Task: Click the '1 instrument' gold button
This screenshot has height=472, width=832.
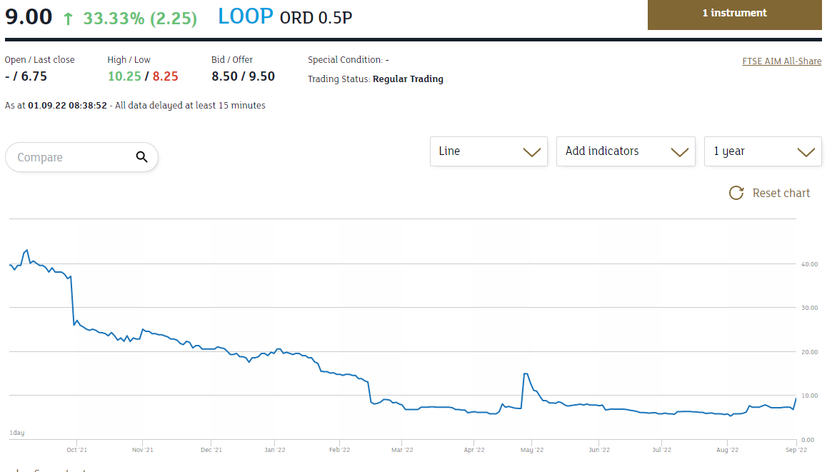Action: point(734,14)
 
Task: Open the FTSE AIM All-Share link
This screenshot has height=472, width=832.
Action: point(782,61)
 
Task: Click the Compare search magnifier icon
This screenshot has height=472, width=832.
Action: point(141,157)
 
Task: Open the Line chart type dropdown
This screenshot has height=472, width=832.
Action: point(488,151)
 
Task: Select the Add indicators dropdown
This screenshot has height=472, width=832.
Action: point(626,151)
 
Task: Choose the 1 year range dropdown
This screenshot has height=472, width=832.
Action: point(763,151)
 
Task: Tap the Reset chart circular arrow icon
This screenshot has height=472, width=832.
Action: point(736,193)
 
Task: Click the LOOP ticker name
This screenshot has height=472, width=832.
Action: point(246,16)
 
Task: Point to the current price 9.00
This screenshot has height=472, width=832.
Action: point(29,16)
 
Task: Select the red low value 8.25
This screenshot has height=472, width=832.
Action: point(165,76)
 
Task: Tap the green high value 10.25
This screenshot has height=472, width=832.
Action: point(124,76)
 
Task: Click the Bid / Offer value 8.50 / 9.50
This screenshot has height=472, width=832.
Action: point(243,76)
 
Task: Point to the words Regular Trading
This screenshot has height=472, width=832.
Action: point(408,79)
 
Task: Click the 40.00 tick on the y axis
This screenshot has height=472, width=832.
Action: point(808,264)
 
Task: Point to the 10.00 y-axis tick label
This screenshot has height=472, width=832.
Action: point(808,396)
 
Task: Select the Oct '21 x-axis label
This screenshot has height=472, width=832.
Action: point(76,450)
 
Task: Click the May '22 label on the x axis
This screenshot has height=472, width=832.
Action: point(532,450)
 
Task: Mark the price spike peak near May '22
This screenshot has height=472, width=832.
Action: point(525,373)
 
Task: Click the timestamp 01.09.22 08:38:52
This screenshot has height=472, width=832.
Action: point(67,106)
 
